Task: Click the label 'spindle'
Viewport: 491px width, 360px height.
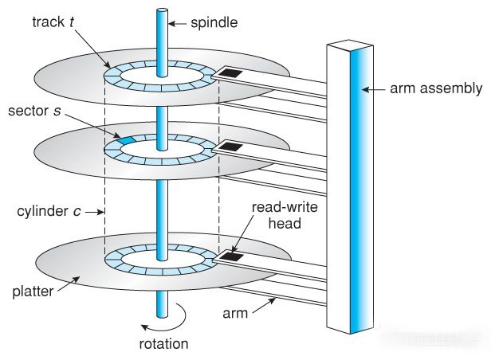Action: point(214,23)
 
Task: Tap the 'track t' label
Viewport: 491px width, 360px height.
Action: point(53,22)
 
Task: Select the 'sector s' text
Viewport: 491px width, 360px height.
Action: point(34,111)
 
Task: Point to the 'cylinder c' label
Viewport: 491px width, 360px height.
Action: point(49,211)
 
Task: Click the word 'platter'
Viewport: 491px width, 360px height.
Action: point(33,292)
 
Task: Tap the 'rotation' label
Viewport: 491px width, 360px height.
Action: point(163,344)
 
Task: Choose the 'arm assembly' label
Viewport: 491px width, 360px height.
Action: point(436,88)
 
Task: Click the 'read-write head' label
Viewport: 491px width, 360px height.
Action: point(285,215)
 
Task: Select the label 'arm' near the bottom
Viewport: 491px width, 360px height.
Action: point(235,313)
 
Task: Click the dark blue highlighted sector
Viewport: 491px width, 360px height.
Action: point(126,140)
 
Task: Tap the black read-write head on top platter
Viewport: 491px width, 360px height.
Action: point(230,72)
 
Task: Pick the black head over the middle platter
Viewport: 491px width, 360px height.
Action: point(231,146)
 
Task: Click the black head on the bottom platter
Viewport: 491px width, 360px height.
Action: point(231,256)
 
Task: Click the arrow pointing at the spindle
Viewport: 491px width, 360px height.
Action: point(178,23)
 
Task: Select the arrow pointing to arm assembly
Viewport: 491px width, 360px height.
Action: point(373,89)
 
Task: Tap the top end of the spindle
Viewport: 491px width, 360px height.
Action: point(162,11)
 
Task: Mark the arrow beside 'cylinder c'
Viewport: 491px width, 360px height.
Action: point(94,212)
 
